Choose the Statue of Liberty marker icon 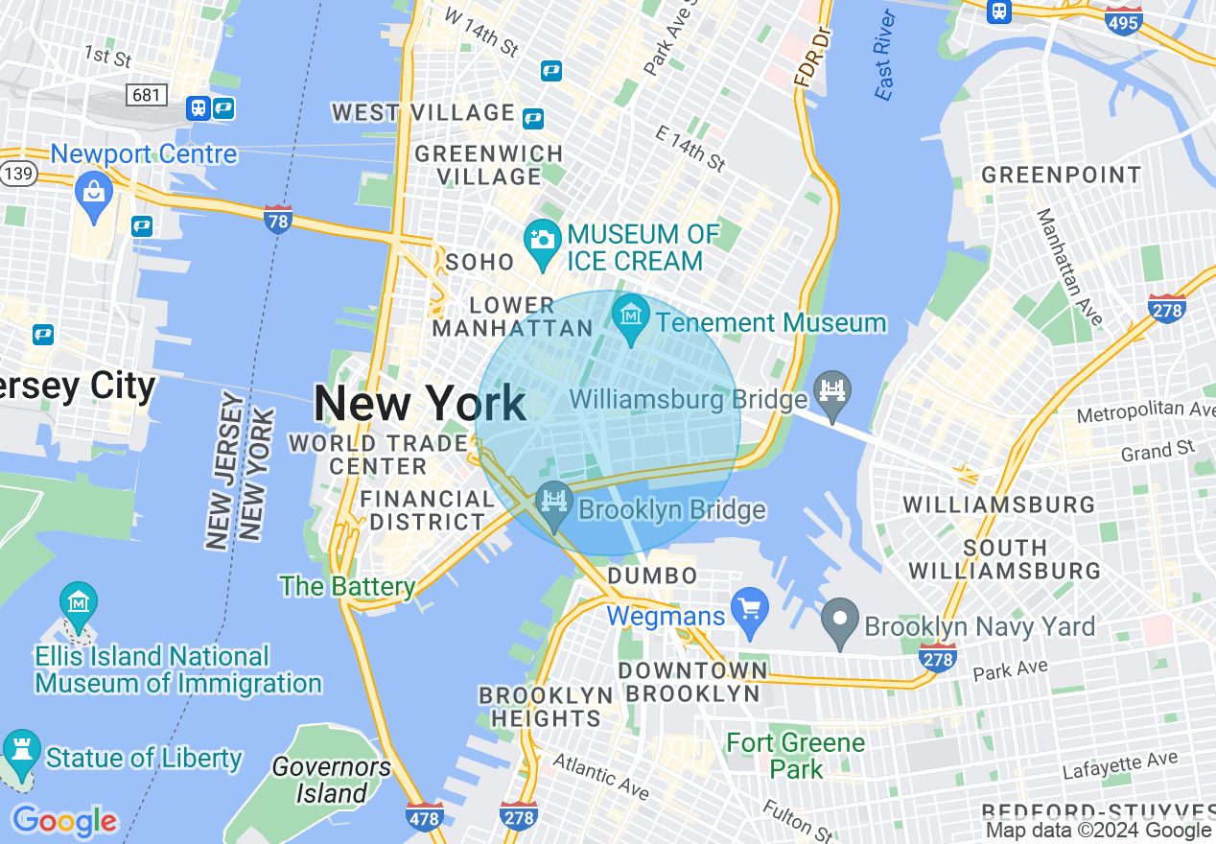(21, 755)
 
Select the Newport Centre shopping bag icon (94, 192)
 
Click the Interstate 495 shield (1123, 21)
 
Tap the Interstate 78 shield (277, 220)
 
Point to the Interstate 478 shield (424, 816)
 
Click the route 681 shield (148, 95)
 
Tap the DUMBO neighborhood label (653, 575)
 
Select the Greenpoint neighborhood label (1061, 176)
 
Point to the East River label (885, 56)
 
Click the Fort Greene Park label (796, 756)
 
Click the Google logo (64, 821)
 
